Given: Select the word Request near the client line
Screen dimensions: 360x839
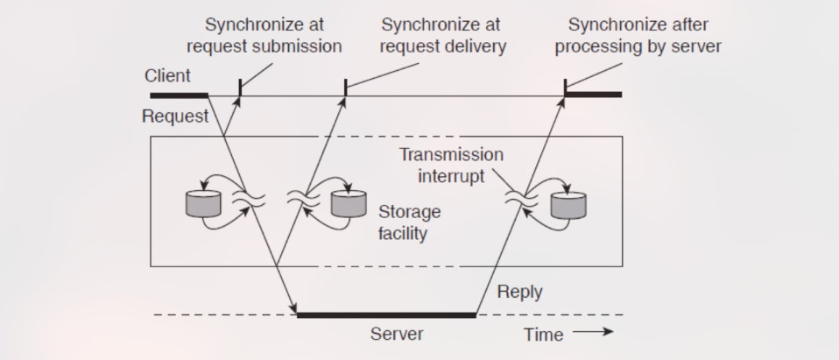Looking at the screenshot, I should pyautogui.click(x=176, y=116).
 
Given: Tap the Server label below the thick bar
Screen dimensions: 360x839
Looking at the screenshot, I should pyautogui.click(x=397, y=334).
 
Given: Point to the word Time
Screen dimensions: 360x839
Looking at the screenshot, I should pyautogui.click(x=543, y=334).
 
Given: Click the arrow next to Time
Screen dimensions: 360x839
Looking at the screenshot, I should pyautogui.click(x=595, y=332).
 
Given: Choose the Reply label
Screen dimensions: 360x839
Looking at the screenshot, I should pyautogui.click(x=520, y=292).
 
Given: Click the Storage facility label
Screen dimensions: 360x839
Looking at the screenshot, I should pyautogui.click(x=410, y=223).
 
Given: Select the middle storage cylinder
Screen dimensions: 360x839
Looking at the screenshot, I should pyautogui.click(x=349, y=203).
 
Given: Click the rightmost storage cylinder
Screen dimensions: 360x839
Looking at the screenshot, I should pyautogui.click(x=568, y=203).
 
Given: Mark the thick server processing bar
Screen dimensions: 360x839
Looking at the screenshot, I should pyautogui.click(x=386, y=314).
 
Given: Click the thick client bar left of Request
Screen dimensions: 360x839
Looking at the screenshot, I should pyautogui.click(x=179, y=95).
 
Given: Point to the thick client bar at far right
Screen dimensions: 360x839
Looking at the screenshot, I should pyautogui.click(x=594, y=94).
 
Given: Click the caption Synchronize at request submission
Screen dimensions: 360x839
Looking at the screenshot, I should pyautogui.click(x=264, y=36).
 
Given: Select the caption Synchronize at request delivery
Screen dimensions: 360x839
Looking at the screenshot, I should pyautogui.click(x=442, y=36).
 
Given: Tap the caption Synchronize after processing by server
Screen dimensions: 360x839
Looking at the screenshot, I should pyautogui.click(x=638, y=36).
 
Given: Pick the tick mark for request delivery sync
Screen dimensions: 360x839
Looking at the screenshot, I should pyautogui.click(x=346, y=88).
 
